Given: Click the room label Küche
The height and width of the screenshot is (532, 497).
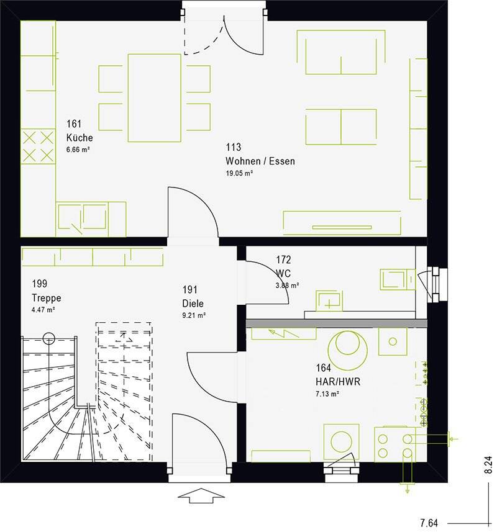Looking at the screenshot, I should [80, 137].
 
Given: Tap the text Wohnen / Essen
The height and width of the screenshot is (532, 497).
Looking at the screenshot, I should [260, 161].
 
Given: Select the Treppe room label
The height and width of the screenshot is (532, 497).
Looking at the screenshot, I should [46, 297].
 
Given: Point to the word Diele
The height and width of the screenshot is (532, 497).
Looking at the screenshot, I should [193, 304].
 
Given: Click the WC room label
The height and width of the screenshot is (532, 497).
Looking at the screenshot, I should [283, 273].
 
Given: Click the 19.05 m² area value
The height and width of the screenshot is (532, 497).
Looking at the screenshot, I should [239, 174].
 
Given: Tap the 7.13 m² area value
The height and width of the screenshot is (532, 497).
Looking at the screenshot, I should [327, 394].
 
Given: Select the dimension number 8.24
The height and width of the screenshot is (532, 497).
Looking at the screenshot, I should [488, 466].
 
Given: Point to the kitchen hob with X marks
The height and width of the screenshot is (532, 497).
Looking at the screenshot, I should [38, 146].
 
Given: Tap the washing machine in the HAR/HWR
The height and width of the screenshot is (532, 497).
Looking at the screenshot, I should [340, 442].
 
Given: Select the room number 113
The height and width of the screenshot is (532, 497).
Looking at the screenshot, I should [234, 148].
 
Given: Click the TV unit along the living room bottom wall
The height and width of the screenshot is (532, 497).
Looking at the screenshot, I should [342, 223].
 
